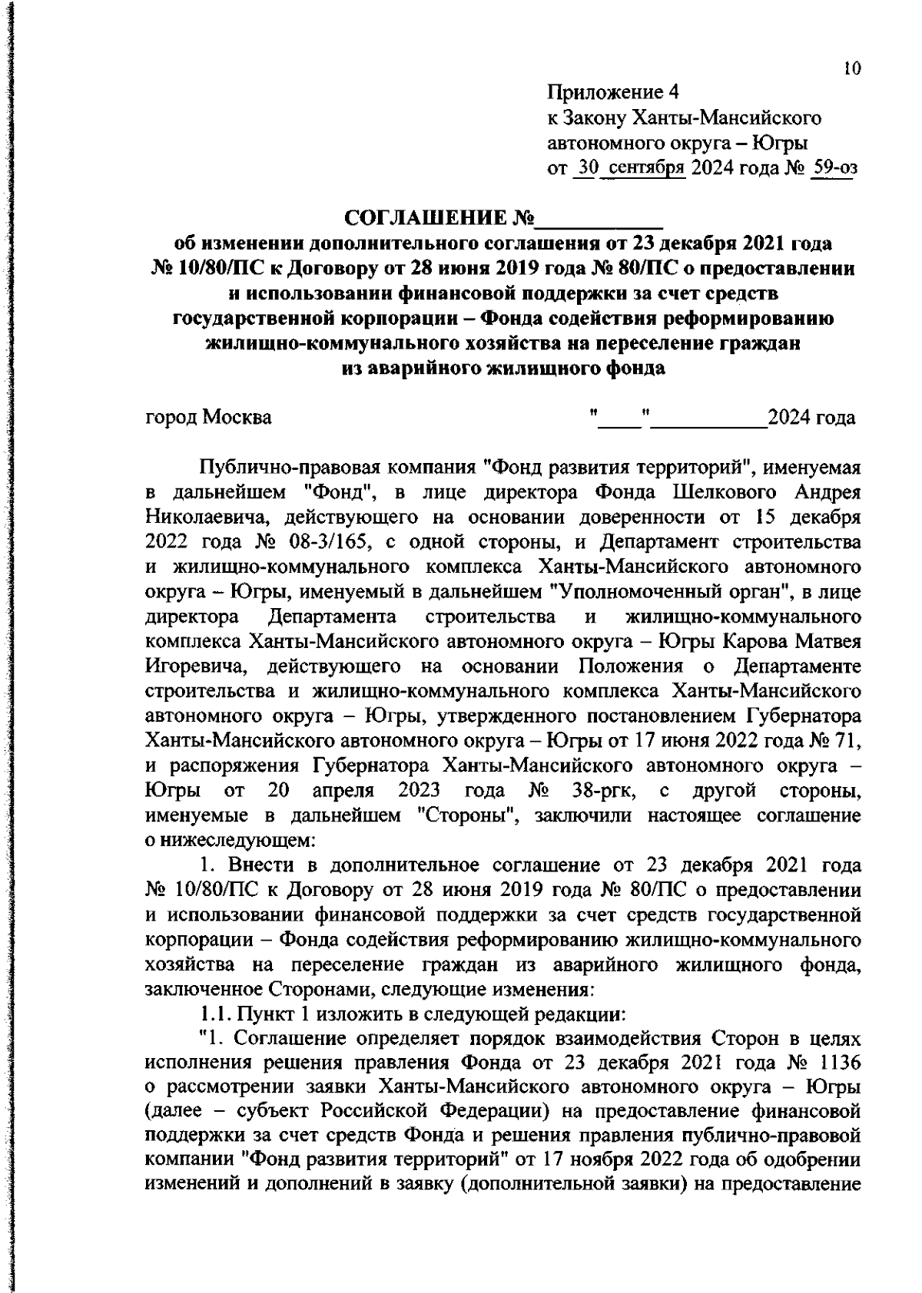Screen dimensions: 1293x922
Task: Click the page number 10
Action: (852, 69)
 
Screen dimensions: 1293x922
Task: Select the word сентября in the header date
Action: (643, 168)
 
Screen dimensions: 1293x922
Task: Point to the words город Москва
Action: (208, 418)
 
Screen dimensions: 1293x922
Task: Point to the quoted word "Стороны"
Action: (469, 816)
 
